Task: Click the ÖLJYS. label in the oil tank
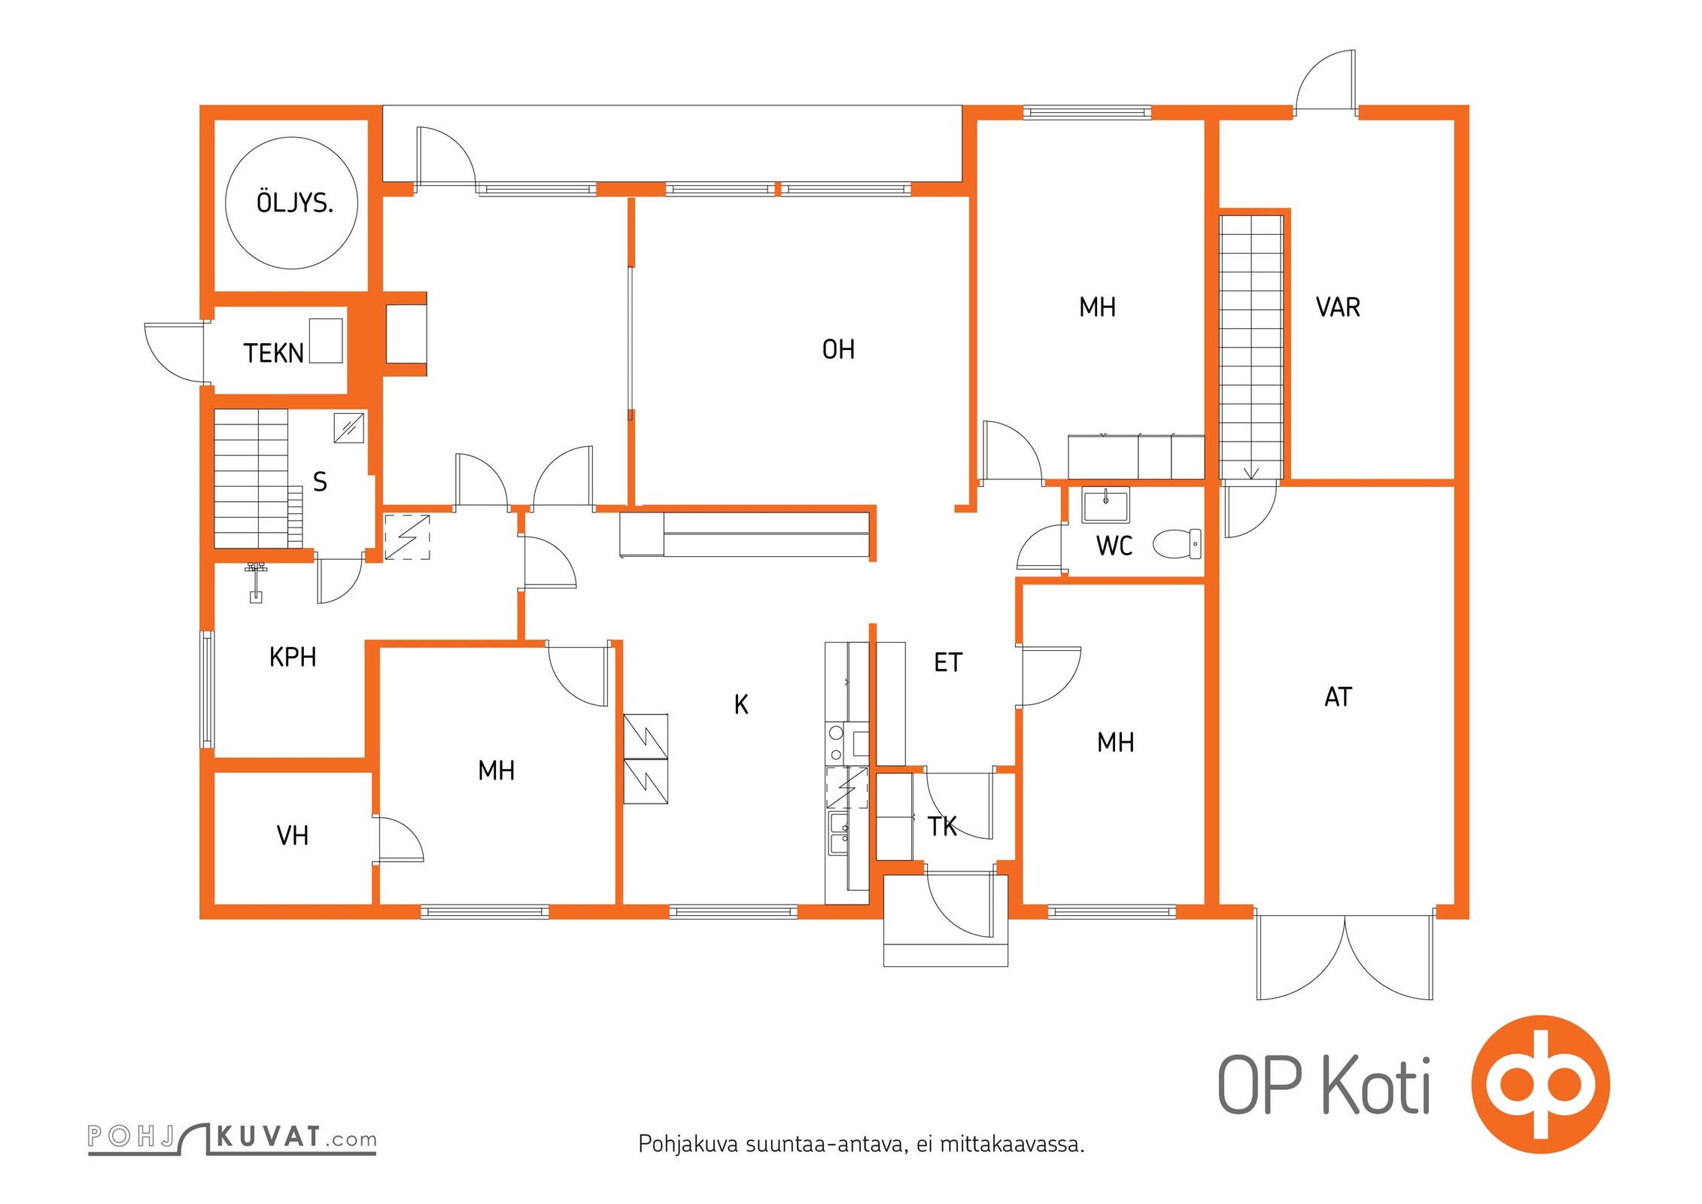click(295, 202)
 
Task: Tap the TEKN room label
click(273, 353)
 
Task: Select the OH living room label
click(838, 349)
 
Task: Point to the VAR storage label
click(1338, 307)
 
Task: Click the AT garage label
click(1338, 697)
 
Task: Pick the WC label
click(1114, 546)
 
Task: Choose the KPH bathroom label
click(293, 657)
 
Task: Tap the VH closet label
click(293, 835)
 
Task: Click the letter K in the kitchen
click(741, 704)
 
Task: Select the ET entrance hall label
click(948, 662)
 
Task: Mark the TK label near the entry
click(942, 826)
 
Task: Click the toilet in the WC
click(1177, 543)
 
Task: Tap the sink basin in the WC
click(1105, 504)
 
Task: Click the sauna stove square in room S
click(349, 428)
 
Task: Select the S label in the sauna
click(320, 482)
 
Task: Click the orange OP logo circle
click(1540, 1084)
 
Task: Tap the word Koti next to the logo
click(1376, 1085)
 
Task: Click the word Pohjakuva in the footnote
click(688, 1144)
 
